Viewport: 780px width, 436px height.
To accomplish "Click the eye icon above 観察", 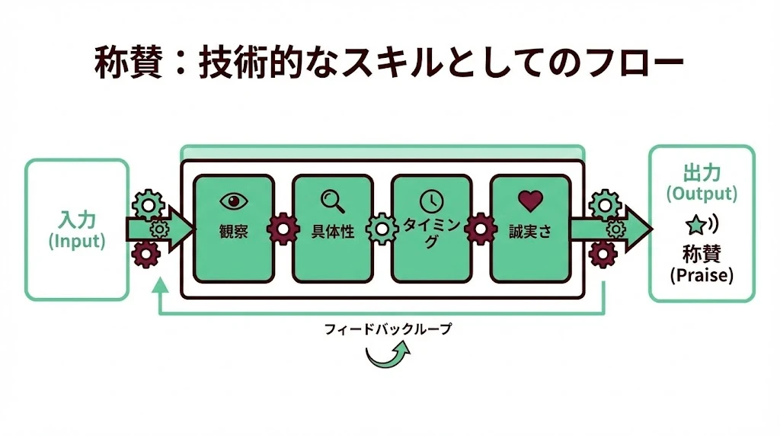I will [234, 200].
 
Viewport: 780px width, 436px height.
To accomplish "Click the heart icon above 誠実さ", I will [530, 200].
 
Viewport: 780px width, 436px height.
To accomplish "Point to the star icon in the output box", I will [695, 225].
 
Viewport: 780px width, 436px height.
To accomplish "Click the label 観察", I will [233, 232].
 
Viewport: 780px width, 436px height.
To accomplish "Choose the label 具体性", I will [333, 232].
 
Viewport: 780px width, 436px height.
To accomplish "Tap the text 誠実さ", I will [530, 232].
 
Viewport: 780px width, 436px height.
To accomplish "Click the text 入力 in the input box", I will [77, 220].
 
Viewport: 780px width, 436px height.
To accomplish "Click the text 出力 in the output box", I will [702, 173].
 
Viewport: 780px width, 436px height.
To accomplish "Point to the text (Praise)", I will [702, 274].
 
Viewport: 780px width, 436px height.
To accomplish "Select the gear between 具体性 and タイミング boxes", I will [382, 229].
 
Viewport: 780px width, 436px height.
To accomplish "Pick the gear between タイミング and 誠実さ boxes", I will [481, 229].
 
